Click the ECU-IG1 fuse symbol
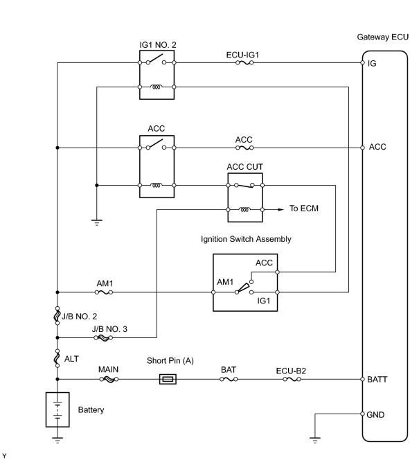[x=244, y=62]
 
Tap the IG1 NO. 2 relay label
[x=158, y=45]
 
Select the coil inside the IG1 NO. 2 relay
[x=157, y=87]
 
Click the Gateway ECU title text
[x=382, y=37]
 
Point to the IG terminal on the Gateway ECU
[x=362, y=62]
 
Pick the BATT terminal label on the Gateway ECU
[x=377, y=380]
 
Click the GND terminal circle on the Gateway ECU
[x=362, y=414]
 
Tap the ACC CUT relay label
[x=245, y=167]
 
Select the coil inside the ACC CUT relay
[x=245, y=209]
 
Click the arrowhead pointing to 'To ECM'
[x=281, y=209]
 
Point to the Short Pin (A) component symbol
[x=168, y=379]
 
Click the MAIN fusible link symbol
[x=109, y=380]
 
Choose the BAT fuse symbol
[x=229, y=380]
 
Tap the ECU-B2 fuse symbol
[x=292, y=380]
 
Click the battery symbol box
[x=57, y=409]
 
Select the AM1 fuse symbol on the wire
[x=104, y=292]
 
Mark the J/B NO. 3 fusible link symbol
[x=103, y=337]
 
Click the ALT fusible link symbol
[x=57, y=358]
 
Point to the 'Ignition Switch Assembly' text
[x=246, y=239]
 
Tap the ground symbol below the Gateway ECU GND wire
[x=315, y=440]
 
